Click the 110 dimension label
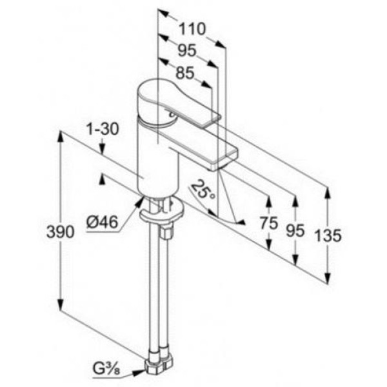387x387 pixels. tap(192, 28)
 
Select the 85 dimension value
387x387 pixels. tap(185, 73)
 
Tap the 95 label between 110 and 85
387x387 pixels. tap(187, 50)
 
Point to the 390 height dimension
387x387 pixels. tap(60, 232)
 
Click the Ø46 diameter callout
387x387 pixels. tap(102, 222)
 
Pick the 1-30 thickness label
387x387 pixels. tap(103, 129)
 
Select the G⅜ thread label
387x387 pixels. tap(106, 370)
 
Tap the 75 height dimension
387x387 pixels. tap(269, 223)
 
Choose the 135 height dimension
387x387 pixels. tap(329, 235)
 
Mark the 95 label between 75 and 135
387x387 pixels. tap(295, 231)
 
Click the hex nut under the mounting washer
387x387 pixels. tap(166, 232)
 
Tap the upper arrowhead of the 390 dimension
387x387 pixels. tap(61, 138)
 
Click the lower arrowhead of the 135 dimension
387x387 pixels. tap(327, 277)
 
